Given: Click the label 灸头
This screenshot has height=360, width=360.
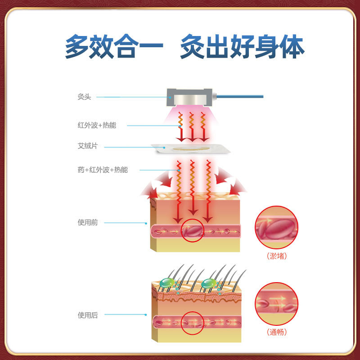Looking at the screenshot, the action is click(84, 97).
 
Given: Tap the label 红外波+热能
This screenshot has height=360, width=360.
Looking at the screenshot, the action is click(96, 125).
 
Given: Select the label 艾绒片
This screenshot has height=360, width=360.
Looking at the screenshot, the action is click(87, 146).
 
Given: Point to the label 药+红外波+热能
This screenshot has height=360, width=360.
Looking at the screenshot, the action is click(102, 170).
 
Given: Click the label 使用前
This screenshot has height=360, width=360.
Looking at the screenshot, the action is click(87, 222).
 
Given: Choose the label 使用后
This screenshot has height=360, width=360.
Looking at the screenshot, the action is click(87, 315).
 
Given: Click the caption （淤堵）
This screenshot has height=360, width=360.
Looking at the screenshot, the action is click(277, 256).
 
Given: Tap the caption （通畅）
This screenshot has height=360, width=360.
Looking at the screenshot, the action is click(277, 333).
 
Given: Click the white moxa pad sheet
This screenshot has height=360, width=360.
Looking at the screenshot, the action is click(191, 149).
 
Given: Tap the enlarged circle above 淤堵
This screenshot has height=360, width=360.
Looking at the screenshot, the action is click(277, 228).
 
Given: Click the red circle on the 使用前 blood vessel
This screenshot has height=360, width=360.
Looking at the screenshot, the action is click(193, 230).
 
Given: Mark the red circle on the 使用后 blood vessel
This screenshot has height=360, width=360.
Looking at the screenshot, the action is click(193, 322).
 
